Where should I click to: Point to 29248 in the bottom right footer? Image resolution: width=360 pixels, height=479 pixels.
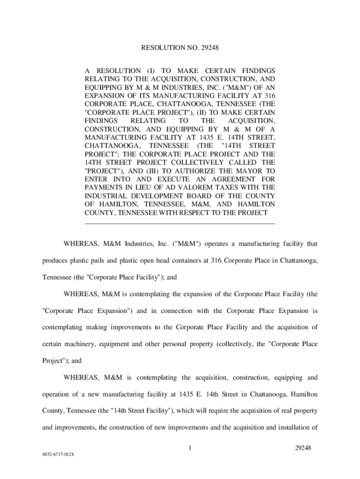pyautogui.click(x=303, y=448)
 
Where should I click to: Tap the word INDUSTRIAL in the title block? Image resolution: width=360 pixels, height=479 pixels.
pyautogui.click(x=106, y=196)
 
